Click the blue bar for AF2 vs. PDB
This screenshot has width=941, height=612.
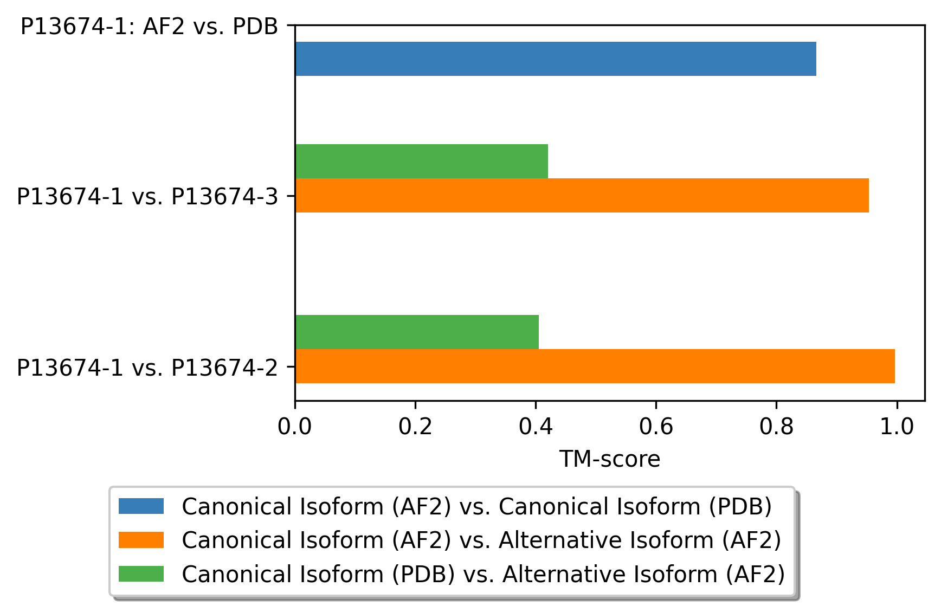tap(556, 59)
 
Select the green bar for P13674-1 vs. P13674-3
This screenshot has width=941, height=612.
tap(421, 161)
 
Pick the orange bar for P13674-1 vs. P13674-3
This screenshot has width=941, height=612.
tap(582, 195)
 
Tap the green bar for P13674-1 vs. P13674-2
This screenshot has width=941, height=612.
tap(417, 332)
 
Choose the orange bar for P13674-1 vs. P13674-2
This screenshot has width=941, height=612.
tap(595, 366)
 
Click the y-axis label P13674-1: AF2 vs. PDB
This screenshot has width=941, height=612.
tap(149, 26)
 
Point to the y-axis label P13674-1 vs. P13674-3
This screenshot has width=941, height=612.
tap(147, 196)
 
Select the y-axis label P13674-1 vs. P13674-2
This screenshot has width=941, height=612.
tap(147, 368)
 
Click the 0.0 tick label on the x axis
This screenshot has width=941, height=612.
tap(294, 427)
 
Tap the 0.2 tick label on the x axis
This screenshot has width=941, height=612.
tap(415, 427)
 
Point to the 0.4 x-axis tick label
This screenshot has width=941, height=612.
tap(536, 427)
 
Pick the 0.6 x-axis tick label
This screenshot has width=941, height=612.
tap(656, 427)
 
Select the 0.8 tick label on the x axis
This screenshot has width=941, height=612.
tap(776, 427)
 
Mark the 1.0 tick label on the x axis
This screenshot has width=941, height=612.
tap(897, 427)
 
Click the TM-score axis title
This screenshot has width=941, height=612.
tap(610, 459)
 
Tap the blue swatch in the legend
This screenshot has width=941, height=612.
tap(141, 506)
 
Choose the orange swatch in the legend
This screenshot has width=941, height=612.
tap(141, 540)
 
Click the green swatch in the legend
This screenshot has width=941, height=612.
tap(141, 574)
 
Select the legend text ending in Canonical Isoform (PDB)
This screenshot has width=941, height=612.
tap(476, 506)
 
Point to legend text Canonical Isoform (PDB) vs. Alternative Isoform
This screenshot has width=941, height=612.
tap(483, 574)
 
